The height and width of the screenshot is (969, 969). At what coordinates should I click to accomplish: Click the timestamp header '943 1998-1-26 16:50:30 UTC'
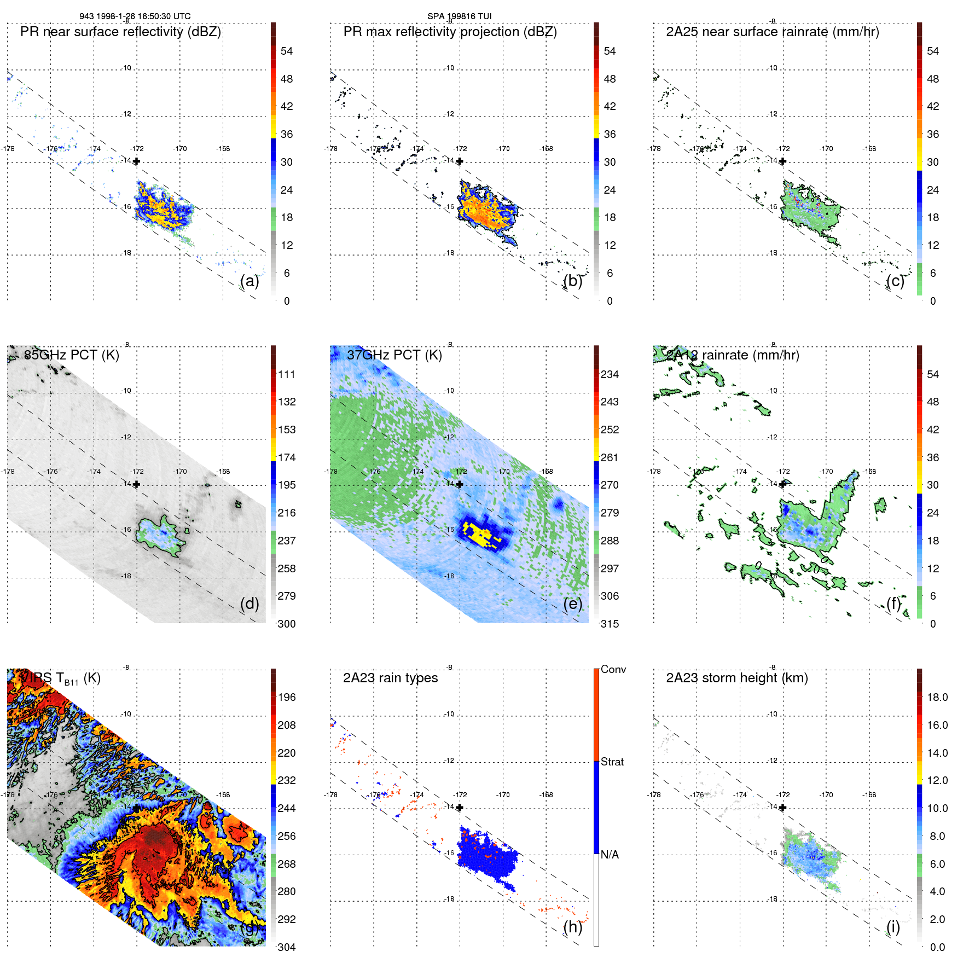click(135, 16)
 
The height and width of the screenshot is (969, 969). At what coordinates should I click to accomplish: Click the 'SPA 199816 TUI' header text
click(459, 16)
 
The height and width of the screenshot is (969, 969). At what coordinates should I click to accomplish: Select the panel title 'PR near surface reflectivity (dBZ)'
click(120, 32)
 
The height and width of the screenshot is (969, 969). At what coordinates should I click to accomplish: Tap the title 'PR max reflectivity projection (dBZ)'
click(450, 32)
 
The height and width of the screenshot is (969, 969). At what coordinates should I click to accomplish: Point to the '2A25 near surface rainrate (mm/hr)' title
click(772, 32)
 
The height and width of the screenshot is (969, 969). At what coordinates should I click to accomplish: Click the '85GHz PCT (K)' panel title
click(72, 355)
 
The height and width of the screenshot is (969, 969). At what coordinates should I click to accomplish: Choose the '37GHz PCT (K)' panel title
click(394, 355)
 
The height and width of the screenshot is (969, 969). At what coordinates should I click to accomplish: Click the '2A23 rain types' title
click(390, 678)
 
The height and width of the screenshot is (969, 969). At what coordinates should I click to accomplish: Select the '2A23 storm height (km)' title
click(736, 678)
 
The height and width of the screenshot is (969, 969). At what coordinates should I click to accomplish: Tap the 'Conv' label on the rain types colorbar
click(613, 669)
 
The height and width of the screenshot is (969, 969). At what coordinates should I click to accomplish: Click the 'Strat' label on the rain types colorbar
click(612, 762)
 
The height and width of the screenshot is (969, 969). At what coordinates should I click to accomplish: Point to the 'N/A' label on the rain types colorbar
click(610, 855)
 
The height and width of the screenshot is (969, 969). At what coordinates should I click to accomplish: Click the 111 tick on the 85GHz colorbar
click(287, 374)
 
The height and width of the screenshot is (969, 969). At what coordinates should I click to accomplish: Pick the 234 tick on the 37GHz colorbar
click(610, 374)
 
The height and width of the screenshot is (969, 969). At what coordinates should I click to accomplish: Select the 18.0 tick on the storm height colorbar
click(937, 697)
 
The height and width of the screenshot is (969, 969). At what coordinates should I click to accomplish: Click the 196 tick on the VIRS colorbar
click(287, 697)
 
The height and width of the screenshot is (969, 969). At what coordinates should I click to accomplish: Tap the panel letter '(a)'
click(249, 281)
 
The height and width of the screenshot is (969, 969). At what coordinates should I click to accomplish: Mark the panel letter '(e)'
click(572, 604)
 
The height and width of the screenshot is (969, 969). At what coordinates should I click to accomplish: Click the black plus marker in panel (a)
click(136, 161)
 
